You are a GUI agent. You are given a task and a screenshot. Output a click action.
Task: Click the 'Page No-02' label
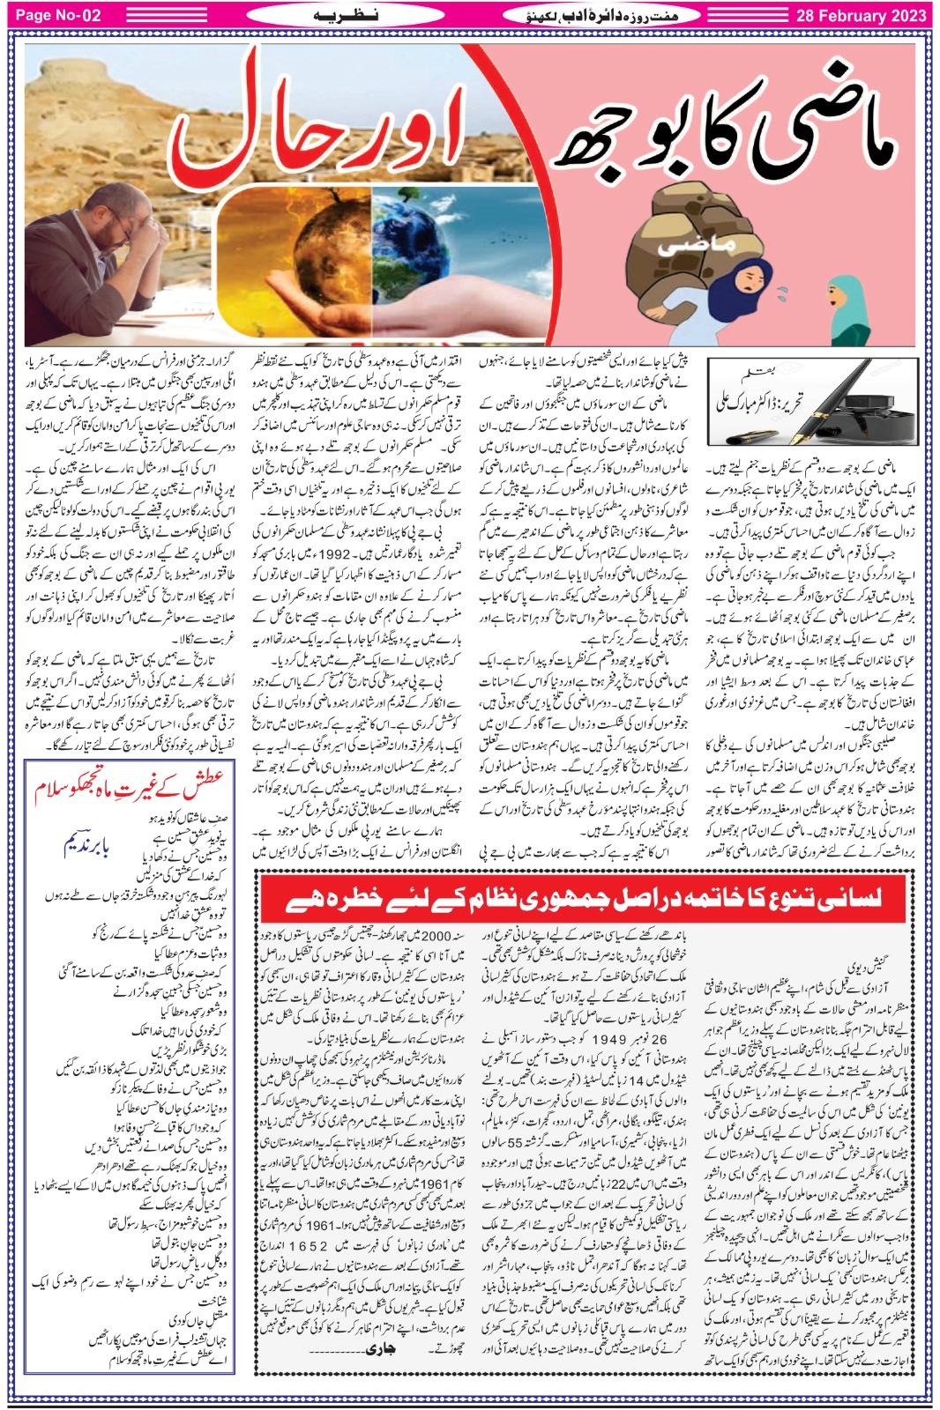coord(58,15)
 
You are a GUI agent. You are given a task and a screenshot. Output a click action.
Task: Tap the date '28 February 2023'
coord(861,15)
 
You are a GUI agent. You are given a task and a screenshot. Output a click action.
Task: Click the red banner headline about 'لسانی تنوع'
coord(583,898)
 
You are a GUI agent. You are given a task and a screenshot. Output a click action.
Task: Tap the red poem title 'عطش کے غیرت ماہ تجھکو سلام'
coord(130,786)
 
